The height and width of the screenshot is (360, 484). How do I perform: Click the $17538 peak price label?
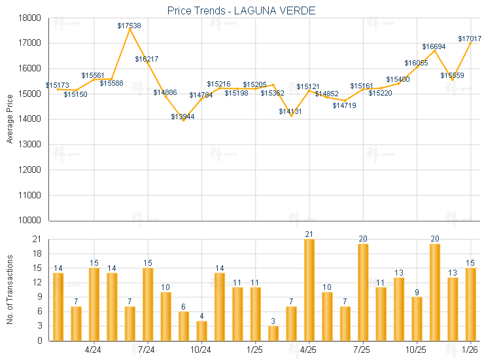(x=129, y=26)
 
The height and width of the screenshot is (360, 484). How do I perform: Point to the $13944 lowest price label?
(x=182, y=117)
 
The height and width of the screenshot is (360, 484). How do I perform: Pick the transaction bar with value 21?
(x=309, y=289)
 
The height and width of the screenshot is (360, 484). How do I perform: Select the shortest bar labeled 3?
(x=273, y=333)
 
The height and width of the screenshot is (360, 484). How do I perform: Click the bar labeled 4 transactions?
(x=201, y=331)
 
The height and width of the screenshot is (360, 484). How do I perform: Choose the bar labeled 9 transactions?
(x=417, y=319)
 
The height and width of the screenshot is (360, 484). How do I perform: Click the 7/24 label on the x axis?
(x=147, y=349)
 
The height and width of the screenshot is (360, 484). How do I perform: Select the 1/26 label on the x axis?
(x=470, y=349)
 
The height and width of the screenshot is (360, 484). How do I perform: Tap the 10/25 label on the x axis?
(x=416, y=349)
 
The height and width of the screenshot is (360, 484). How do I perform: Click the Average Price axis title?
(x=10, y=118)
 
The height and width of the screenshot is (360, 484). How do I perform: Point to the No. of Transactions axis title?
(x=10, y=290)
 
